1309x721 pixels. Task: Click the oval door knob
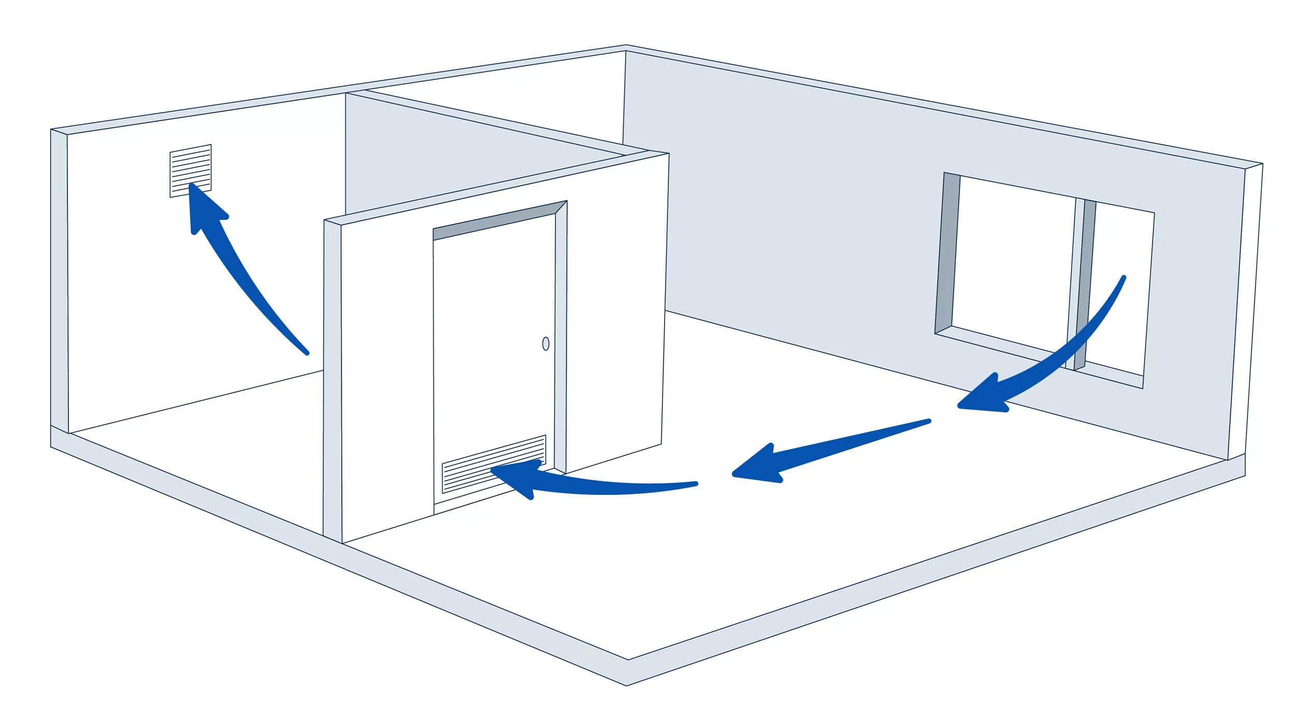pos(545,343)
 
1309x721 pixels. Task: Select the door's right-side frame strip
pos(561,337)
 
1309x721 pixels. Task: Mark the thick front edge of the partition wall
pos(332,379)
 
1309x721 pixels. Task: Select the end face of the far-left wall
pos(59,280)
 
